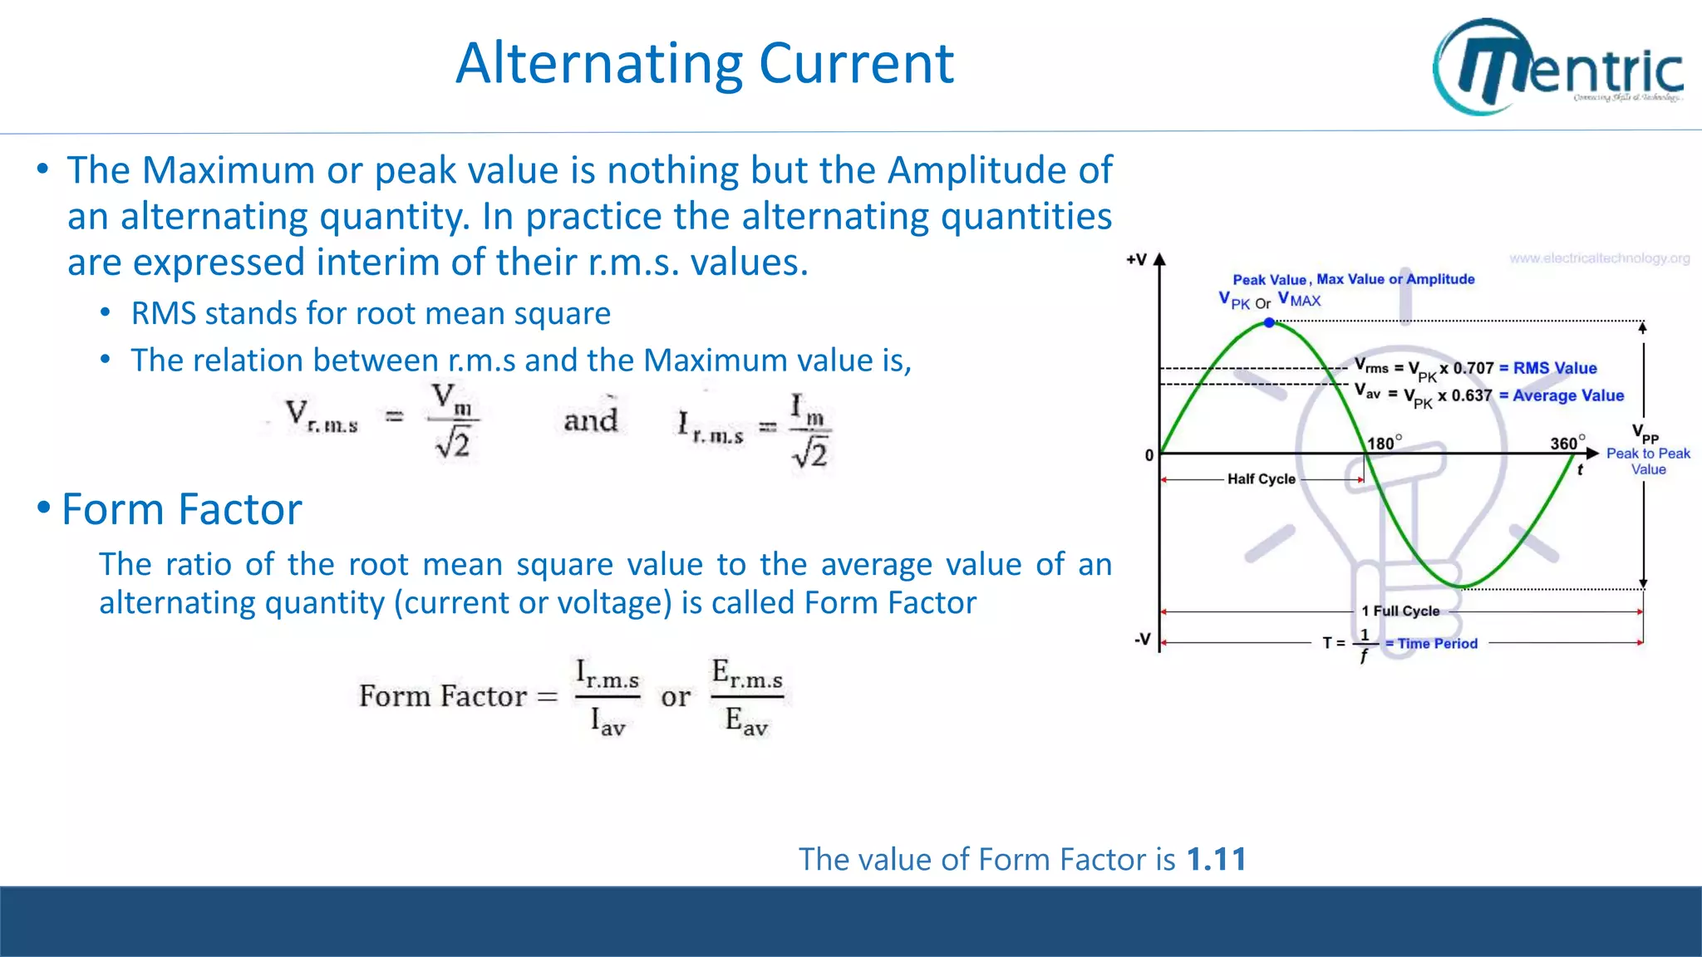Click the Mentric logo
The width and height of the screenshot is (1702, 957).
point(1558,66)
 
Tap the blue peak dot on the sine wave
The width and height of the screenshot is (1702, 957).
point(1269,322)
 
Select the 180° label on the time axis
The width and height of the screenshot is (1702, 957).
point(1385,443)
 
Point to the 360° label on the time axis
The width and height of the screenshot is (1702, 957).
point(1567,443)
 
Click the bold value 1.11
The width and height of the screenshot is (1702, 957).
point(1217,859)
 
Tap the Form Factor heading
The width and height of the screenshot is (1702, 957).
point(181,508)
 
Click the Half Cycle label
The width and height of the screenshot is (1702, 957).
point(1261,478)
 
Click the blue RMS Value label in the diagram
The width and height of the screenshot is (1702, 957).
point(1554,368)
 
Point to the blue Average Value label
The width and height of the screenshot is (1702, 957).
point(1567,395)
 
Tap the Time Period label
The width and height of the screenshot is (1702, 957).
point(1437,643)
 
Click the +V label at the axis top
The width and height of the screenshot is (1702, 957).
point(1136,260)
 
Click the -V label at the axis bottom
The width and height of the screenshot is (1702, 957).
point(1143,640)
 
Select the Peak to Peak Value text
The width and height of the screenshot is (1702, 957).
point(1648,461)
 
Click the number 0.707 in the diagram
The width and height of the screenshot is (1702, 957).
point(1473,368)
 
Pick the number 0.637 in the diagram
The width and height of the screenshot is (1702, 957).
point(1472,395)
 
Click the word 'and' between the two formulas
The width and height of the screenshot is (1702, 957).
point(591,420)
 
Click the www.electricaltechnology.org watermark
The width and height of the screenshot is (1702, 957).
point(1599,258)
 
